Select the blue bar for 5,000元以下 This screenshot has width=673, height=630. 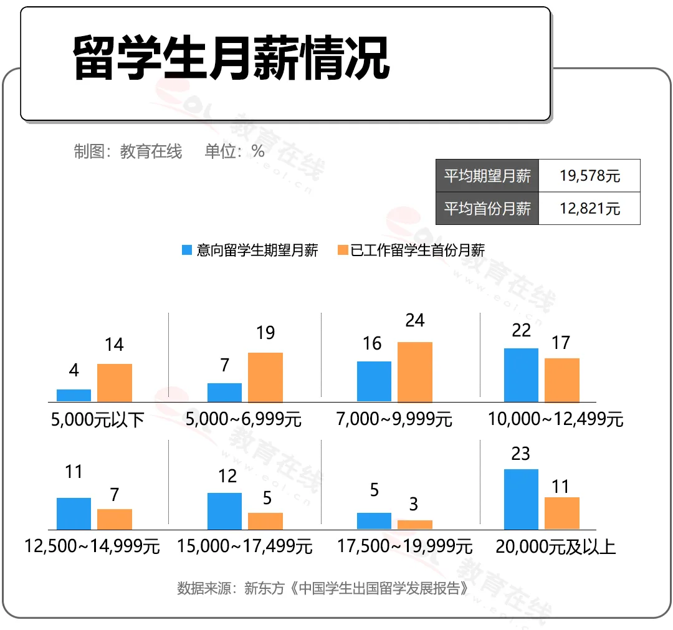(x=74, y=396)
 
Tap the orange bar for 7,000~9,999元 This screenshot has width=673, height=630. (x=414, y=372)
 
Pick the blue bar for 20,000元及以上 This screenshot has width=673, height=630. (x=521, y=499)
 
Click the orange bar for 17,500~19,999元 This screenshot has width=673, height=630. (x=414, y=525)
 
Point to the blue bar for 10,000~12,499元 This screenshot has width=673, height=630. (x=521, y=375)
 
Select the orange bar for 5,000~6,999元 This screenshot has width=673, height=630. (x=265, y=378)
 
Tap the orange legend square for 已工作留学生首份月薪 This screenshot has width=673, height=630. (x=342, y=251)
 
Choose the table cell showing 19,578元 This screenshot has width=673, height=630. (x=589, y=176)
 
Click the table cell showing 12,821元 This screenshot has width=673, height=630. (x=589, y=208)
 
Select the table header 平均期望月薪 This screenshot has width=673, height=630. (x=487, y=176)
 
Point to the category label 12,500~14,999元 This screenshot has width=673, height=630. (x=92, y=547)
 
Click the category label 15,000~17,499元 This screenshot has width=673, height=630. (x=244, y=547)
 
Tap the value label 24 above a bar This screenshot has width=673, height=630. (x=414, y=320)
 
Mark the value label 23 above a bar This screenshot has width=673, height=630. (x=520, y=453)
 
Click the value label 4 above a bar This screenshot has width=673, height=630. (x=74, y=370)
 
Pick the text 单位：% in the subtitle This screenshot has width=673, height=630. (x=234, y=151)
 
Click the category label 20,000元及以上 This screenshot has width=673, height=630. (x=556, y=547)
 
